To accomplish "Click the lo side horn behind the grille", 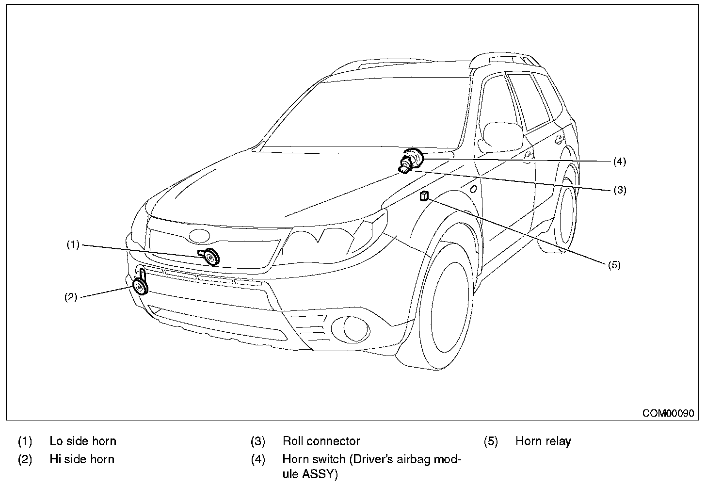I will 211,256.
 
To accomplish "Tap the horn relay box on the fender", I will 424,196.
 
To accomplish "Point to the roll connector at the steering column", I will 404,168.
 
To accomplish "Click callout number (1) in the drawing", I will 73,245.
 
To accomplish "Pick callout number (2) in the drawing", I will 71,297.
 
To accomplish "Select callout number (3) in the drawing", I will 619,190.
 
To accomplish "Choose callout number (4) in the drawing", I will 619,162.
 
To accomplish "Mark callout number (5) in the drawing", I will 613,265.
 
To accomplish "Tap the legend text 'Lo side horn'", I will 83,441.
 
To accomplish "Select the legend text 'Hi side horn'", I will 82,459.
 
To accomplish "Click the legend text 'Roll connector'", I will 321,441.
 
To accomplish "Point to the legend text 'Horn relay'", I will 543,441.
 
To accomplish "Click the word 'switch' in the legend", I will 329,459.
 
